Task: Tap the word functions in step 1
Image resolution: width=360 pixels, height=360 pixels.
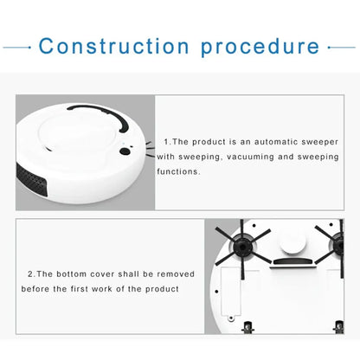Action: point(178,171)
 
